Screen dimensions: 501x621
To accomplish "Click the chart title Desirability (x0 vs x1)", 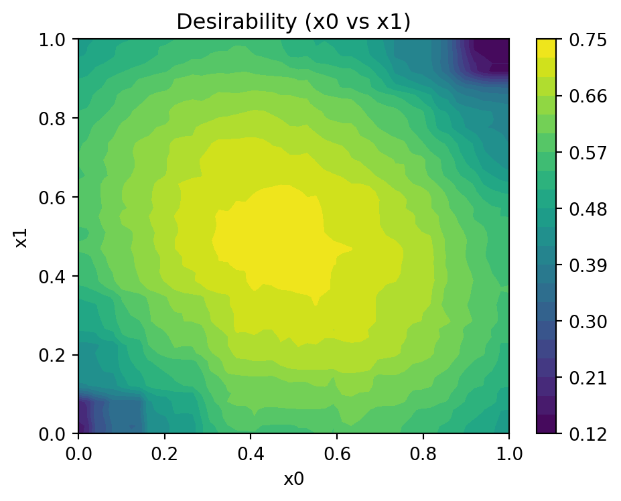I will tap(293, 22).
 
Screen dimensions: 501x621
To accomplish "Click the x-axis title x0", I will tap(293, 479).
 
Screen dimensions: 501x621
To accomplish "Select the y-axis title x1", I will tap(21, 236).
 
